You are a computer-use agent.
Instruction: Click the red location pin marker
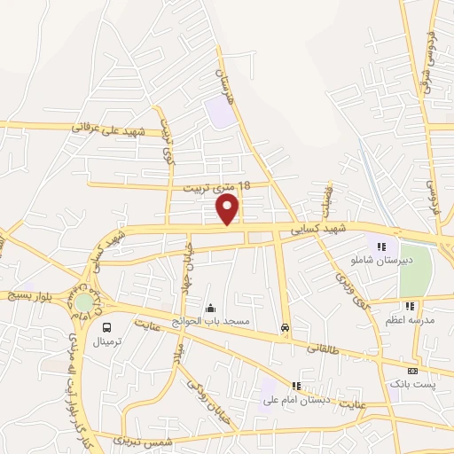point(228,208)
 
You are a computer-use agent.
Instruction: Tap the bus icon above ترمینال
point(106,326)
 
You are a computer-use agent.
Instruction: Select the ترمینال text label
point(111,340)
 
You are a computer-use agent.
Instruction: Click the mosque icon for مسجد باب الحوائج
point(211,308)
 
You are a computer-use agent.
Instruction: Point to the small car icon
point(284,327)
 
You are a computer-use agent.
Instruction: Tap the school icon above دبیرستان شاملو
point(381,247)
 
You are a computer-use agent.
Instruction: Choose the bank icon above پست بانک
point(411,371)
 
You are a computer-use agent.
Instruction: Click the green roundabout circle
point(83,301)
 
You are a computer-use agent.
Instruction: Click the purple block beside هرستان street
point(216,111)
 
